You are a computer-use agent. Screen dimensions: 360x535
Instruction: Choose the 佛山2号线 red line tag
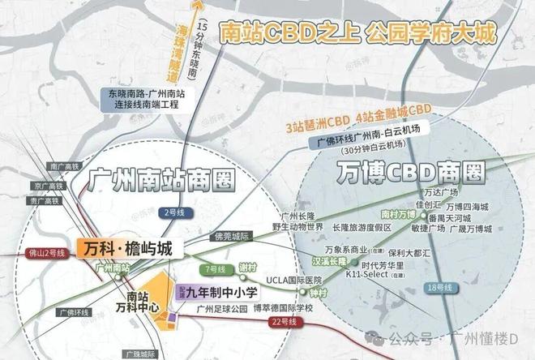pos(22,252)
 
